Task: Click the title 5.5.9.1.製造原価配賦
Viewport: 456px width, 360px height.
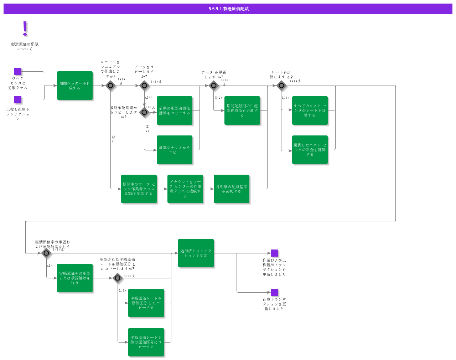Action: point(228,9)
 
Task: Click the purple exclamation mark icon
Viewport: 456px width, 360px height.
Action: point(25,29)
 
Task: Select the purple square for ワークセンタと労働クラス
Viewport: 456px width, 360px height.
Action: point(18,71)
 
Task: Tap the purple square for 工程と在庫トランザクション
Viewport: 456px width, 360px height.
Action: point(18,100)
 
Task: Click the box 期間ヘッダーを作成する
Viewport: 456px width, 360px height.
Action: point(75,86)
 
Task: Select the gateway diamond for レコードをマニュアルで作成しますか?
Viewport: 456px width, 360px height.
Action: point(110,86)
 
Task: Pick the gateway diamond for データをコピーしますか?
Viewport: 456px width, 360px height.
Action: point(144,86)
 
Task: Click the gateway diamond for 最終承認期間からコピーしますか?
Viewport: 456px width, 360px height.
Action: point(144,112)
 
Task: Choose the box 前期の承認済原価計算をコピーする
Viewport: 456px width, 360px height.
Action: point(175,110)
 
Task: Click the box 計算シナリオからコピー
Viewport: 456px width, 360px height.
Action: point(175,150)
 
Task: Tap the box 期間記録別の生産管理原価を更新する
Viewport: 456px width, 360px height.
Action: point(242,110)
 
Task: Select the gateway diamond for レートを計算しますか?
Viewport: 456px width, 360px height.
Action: point(281,86)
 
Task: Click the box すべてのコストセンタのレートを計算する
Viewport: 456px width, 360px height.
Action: point(310,110)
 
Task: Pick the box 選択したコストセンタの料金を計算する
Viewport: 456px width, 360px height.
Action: point(310,150)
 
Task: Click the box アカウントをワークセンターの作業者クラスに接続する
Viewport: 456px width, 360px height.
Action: point(185,189)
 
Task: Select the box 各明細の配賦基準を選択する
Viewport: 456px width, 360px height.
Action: point(232,189)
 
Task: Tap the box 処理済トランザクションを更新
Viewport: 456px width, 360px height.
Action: point(196,253)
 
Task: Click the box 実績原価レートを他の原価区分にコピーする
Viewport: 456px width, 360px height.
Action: point(146,342)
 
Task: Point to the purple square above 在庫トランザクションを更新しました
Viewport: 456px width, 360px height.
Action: point(274,292)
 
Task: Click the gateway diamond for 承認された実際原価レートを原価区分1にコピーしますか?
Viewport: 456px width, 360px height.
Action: point(118,278)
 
